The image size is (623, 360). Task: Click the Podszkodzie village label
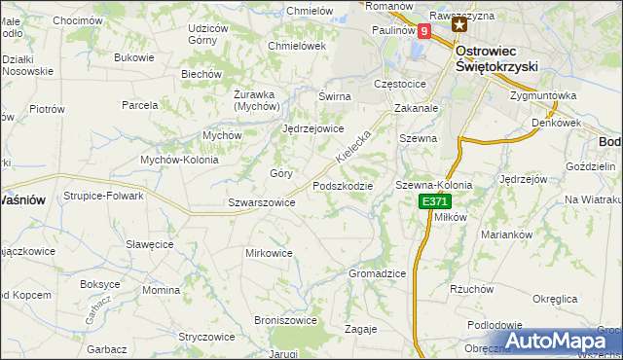[x=342, y=185]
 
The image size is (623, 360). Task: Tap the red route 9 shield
[x=424, y=31]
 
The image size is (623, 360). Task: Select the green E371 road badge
[x=435, y=201]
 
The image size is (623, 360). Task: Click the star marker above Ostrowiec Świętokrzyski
[x=458, y=24]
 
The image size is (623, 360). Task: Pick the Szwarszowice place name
[x=261, y=202]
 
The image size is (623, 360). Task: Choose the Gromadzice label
[x=377, y=273]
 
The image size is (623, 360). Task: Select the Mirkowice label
[x=270, y=253]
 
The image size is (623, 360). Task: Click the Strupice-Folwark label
[x=104, y=196]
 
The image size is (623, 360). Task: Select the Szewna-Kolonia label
[x=433, y=185]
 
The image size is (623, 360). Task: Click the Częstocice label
[x=400, y=84]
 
